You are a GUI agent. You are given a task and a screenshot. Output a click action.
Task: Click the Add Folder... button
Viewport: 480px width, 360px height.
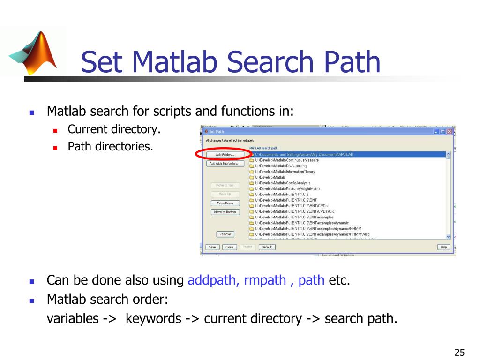click(x=225, y=154)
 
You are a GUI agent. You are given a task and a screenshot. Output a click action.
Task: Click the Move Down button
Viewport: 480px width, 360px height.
click(x=225, y=203)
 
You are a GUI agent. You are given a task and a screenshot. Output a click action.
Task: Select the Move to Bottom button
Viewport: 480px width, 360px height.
click(x=225, y=212)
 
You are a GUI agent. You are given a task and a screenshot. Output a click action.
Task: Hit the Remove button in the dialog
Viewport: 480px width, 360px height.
click(x=225, y=234)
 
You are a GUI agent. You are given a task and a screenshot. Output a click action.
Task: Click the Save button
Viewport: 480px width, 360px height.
click(x=212, y=247)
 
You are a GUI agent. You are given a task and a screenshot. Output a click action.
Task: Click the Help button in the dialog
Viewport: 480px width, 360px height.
click(x=443, y=247)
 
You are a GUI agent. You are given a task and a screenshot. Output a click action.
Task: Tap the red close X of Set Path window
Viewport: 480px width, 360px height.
click(x=450, y=132)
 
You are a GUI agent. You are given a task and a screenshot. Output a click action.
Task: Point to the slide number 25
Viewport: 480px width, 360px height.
click(x=459, y=353)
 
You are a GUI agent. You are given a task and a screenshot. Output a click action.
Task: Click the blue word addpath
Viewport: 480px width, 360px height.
click(x=214, y=280)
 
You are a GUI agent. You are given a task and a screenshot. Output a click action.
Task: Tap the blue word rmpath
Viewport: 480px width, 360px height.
click(x=265, y=280)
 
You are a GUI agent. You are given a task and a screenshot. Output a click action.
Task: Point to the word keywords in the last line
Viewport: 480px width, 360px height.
click(x=153, y=319)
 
